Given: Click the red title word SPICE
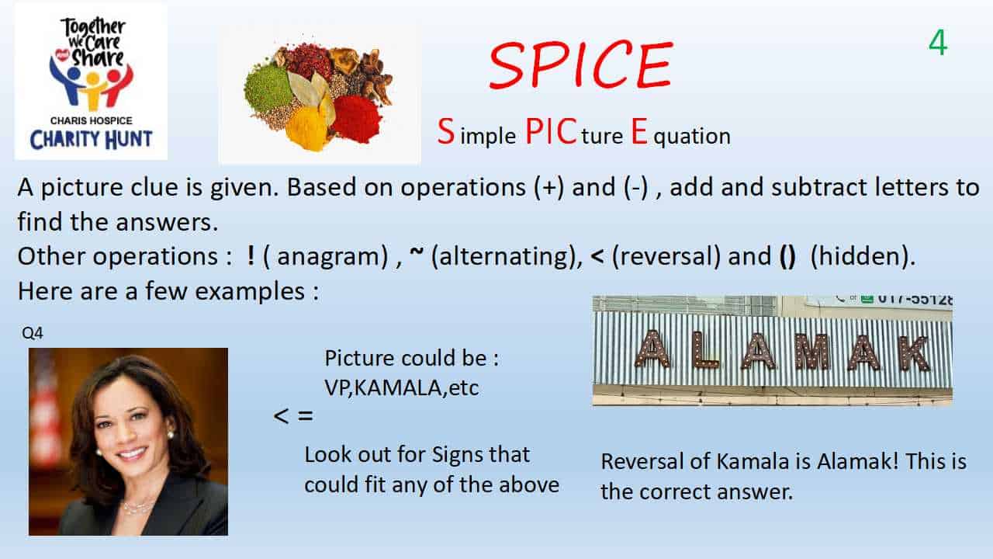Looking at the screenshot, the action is pos(581,65).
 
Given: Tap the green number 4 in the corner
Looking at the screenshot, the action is pos(938,43).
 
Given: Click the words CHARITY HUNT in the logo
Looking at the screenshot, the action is pos(91,139).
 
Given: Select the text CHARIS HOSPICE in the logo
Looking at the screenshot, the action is pos(92,120).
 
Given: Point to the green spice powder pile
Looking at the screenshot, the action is pos(268,88).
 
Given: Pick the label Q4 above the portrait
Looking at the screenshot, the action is pos(33,333).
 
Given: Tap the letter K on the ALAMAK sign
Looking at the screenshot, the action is pos(915,353).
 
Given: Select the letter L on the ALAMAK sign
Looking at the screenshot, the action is pos(706,350).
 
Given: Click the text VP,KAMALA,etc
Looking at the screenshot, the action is pos(402,388).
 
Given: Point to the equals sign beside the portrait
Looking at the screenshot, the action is pos(306,416).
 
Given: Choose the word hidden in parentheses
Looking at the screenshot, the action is pos(860,256).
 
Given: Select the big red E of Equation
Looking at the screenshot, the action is pos(638,131).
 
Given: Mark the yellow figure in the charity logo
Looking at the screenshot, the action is pos(92,90).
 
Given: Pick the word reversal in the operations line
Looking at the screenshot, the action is pos(666,256).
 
